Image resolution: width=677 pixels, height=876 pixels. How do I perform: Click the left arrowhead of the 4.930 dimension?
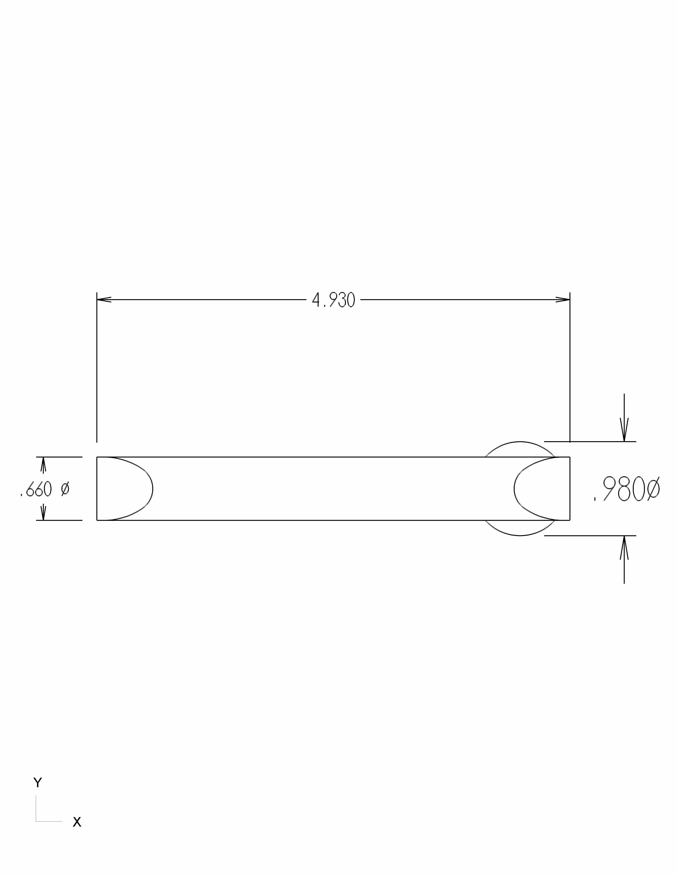tap(104, 299)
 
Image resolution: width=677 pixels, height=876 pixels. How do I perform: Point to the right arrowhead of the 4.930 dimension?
tap(563, 299)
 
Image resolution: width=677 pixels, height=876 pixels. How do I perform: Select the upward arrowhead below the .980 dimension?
tap(624, 547)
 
